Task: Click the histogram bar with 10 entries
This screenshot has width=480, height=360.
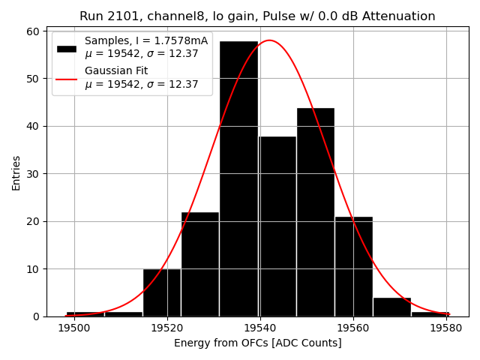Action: point(162,292)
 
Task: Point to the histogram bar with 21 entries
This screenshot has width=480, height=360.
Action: point(353,266)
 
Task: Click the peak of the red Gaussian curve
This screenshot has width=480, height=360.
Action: point(269,40)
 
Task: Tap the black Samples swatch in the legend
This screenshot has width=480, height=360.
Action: point(67,48)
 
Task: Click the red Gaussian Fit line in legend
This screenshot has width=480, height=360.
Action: point(67,78)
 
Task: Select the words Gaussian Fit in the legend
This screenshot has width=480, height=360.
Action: point(116,71)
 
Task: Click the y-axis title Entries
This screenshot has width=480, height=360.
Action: point(16,173)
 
